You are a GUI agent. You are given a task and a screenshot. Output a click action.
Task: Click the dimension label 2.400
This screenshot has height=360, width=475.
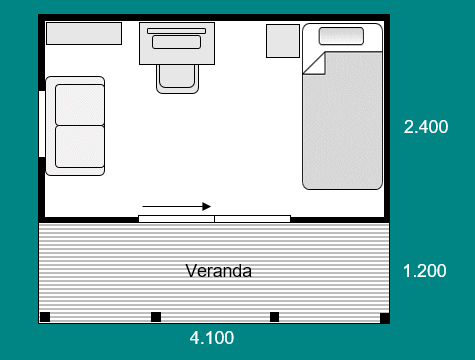426,127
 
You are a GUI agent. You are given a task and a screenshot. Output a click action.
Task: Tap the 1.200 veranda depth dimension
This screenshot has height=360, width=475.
424,271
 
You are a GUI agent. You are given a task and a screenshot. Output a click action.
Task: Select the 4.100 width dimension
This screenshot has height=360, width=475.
212,338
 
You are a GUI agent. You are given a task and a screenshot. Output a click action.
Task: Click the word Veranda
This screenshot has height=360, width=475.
219,271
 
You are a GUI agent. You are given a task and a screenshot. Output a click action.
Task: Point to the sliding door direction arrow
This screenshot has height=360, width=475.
177,207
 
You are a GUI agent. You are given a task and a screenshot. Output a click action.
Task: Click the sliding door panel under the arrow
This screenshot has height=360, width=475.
176,219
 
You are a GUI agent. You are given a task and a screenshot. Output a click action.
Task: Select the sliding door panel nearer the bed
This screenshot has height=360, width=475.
252,219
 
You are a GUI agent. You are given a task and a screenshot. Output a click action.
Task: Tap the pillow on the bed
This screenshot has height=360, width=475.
341,36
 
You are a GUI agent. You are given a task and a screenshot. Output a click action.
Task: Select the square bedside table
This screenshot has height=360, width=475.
283,41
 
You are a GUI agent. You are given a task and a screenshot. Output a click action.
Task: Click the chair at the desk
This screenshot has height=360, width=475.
177,79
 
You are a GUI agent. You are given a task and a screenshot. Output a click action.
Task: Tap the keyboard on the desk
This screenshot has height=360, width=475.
176,42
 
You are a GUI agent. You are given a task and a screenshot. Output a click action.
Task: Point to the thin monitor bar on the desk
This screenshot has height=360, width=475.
176,31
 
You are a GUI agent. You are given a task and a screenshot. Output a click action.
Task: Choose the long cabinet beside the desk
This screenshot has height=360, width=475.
84,33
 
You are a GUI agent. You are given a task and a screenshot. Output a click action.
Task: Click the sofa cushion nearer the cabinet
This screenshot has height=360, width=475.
80,105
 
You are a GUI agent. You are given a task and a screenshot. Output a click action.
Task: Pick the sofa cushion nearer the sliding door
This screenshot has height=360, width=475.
80,147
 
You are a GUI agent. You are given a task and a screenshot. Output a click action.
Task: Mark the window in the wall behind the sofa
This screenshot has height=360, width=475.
42,124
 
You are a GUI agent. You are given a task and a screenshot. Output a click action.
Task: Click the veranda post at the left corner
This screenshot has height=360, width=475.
45,317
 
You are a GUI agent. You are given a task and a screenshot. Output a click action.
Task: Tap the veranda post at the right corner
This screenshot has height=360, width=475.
385,318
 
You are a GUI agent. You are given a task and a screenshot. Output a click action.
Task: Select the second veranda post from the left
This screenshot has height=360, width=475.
156,317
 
